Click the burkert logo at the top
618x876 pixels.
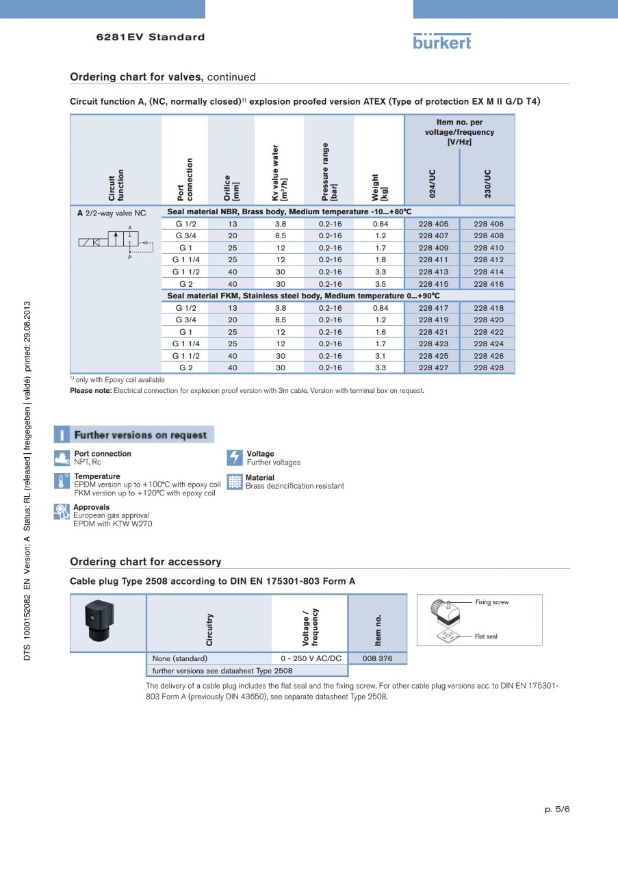(442, 41)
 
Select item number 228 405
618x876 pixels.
(433, 224)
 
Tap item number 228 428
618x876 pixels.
(488, 368)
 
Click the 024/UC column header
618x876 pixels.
(432, 183)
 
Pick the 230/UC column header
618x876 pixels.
(487, 183)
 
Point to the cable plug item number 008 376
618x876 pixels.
(378, 658)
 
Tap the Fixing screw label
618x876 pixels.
(491, 602)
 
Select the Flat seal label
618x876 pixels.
(486, 636)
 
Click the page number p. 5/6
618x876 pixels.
(557, 809)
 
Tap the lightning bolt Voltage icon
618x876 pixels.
(235, 458)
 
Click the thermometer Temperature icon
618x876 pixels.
(62, 480)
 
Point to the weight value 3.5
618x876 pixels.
(381, 284)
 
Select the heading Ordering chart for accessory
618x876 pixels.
(146, 562)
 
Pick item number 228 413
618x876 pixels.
(433, 272)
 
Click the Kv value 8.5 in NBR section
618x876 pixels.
(280, 235)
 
